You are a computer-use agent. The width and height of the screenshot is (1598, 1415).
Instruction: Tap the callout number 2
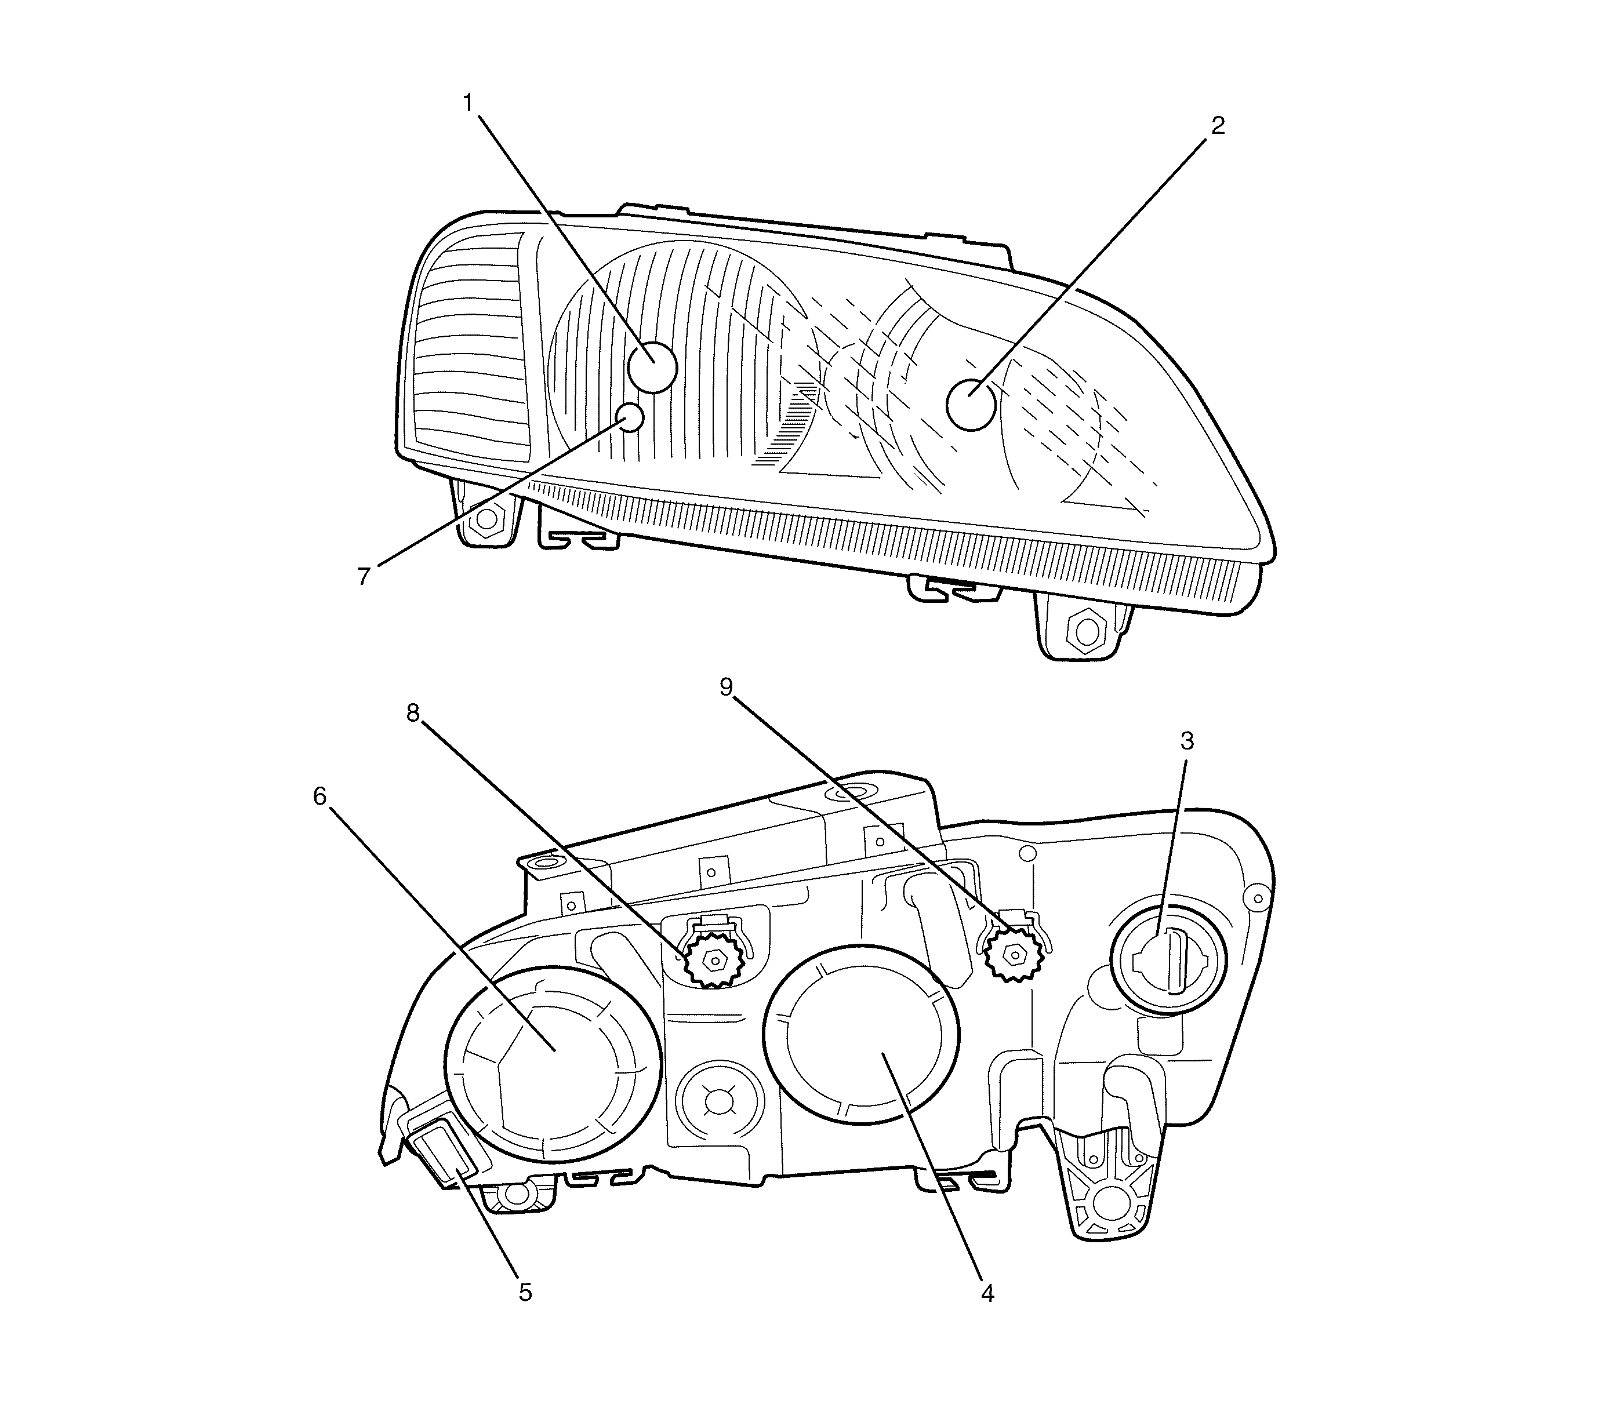[1217, 126]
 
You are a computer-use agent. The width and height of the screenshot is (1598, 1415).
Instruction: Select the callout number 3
[1187, 741]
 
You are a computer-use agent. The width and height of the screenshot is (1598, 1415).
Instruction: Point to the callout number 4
[987, 1294]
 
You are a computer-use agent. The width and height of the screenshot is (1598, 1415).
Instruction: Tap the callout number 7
[364, 577]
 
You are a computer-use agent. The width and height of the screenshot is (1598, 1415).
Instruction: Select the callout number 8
[413, 712]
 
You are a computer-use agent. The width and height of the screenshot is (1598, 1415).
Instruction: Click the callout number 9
[727, 687]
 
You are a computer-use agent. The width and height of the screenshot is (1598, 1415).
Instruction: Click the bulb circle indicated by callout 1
[653, 367]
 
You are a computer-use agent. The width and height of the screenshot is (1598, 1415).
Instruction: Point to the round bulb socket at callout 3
[1169, 960]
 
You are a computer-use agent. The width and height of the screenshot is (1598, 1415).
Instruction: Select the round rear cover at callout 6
[553, 1067]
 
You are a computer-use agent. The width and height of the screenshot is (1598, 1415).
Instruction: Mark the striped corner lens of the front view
[469, 344]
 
